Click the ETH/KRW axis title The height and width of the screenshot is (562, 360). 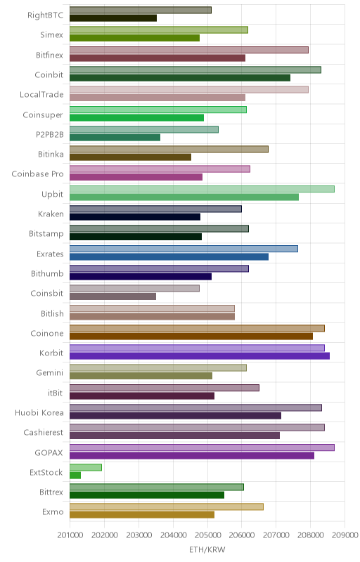point(207,549)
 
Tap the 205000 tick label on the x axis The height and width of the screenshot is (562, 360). point(207,535)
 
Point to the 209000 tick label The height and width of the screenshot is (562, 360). point(345,535)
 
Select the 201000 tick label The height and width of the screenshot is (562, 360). point(70,535)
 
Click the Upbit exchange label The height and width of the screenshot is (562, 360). point(52,194)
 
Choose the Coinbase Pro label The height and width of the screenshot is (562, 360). point(38,174)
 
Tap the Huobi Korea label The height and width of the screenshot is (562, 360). point(39,412)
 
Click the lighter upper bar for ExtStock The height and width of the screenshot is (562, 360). point(86,467)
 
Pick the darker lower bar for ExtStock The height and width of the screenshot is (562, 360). point(75,476)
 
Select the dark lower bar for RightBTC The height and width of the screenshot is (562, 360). point(113,18)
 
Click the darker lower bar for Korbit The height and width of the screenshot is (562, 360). point(200,356)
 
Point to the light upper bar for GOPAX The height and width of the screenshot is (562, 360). point(202,447)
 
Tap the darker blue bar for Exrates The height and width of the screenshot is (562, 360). point(169,256)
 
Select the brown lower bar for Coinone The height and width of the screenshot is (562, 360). point(191,336)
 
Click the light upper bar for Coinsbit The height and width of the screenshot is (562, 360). point(134,288)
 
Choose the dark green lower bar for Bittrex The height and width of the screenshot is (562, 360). point(147,495)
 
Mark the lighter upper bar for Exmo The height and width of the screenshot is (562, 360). point(167,507)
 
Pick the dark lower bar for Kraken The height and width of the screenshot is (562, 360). point(135,217)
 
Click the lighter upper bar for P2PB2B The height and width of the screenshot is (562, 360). point(144,129)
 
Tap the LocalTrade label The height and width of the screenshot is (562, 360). point(41,95)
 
